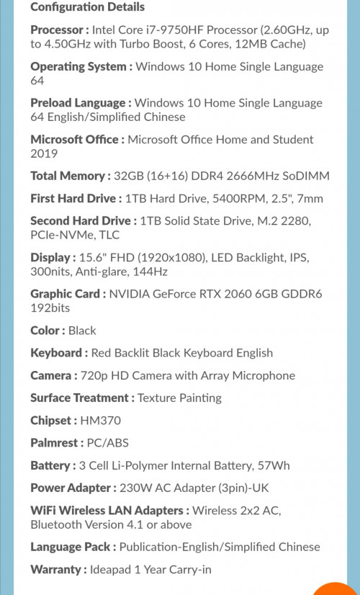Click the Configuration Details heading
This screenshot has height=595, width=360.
coord(87,7)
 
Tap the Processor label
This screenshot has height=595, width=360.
coord(60,30)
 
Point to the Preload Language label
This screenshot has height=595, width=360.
coord(81,103)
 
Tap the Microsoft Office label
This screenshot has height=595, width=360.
coord(77,140)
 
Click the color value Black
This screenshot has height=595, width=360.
coord(82,331)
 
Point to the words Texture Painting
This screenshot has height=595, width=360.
coord(179,398)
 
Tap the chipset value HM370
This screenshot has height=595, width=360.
coord(101,420)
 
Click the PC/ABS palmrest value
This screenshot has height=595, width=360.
coord(108,442)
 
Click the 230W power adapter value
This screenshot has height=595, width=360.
coord(135,488)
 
